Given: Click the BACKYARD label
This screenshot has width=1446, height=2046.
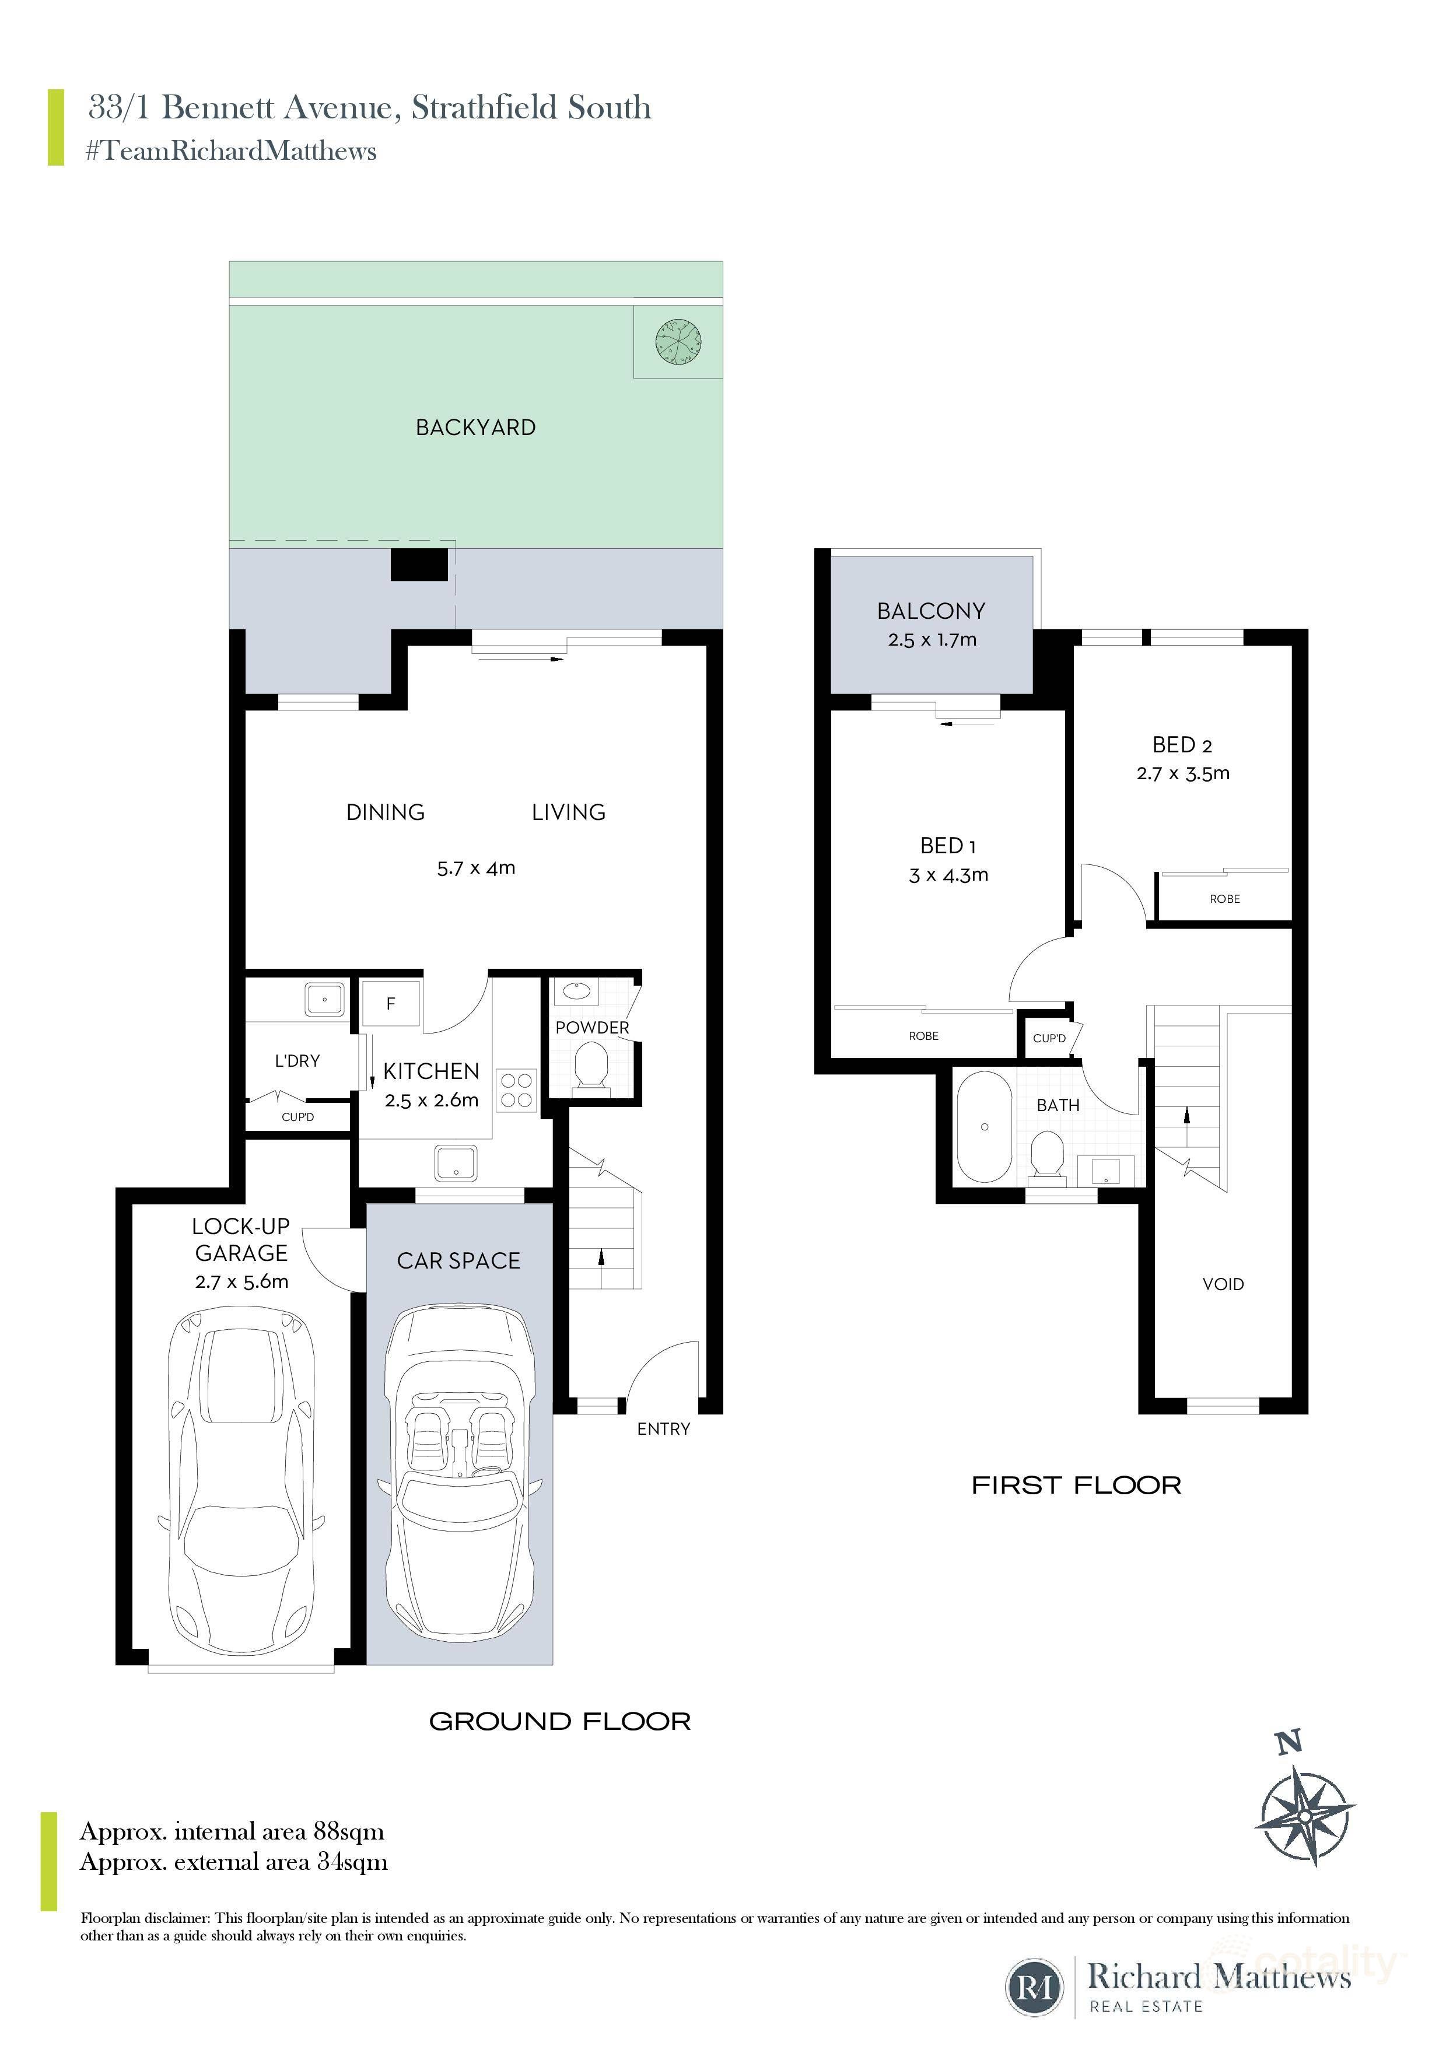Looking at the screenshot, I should [476, 428].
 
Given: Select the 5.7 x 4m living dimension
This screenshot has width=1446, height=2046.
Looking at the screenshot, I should [476, 868].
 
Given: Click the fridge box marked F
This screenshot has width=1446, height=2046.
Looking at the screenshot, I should [390, 1003].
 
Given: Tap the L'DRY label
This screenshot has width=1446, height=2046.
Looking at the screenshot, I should [297, 1060].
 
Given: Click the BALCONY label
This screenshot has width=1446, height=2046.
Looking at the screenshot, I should [931, 611].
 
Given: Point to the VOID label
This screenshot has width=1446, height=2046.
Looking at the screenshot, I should [1223, 1284].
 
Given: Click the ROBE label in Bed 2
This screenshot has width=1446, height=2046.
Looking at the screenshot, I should [1224, 899].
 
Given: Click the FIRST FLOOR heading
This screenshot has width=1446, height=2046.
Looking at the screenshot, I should [1076, 1486].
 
